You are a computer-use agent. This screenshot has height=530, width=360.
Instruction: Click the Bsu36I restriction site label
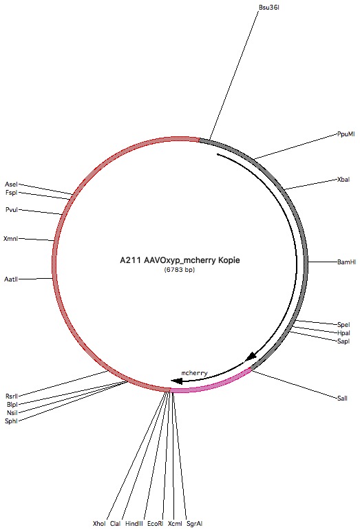point(269,8)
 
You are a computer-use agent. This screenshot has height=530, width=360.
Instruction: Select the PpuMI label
point(346,134)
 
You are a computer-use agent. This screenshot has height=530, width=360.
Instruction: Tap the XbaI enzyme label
point(343,180)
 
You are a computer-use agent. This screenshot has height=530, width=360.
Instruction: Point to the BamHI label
point(346,262)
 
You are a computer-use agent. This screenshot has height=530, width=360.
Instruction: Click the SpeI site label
point(343,324)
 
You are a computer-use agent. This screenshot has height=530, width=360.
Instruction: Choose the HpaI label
point(343,333)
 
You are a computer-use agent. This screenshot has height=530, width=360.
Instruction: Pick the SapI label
point(343,341)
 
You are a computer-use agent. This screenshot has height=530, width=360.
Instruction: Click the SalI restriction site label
point(342,398)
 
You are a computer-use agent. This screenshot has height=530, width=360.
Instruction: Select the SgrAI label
point(194,524)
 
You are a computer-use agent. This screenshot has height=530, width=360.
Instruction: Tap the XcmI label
point(175,524)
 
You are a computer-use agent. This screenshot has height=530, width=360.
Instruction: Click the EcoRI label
point(155,524)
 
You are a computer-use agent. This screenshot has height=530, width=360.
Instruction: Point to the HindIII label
point(134,524)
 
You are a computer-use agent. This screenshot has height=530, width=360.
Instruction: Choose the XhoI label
point(99,524)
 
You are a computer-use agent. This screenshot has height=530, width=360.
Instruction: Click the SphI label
point(11,421)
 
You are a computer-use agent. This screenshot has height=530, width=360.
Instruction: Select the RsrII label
point(12,396)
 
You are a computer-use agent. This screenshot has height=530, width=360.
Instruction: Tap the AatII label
point(11,279)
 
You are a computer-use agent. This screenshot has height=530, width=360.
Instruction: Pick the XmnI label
point(10,239)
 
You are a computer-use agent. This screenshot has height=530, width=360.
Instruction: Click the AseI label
point(11,184)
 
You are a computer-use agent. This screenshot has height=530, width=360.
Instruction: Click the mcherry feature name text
point(194,373)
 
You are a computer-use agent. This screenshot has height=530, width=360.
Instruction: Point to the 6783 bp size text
point(180,270)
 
